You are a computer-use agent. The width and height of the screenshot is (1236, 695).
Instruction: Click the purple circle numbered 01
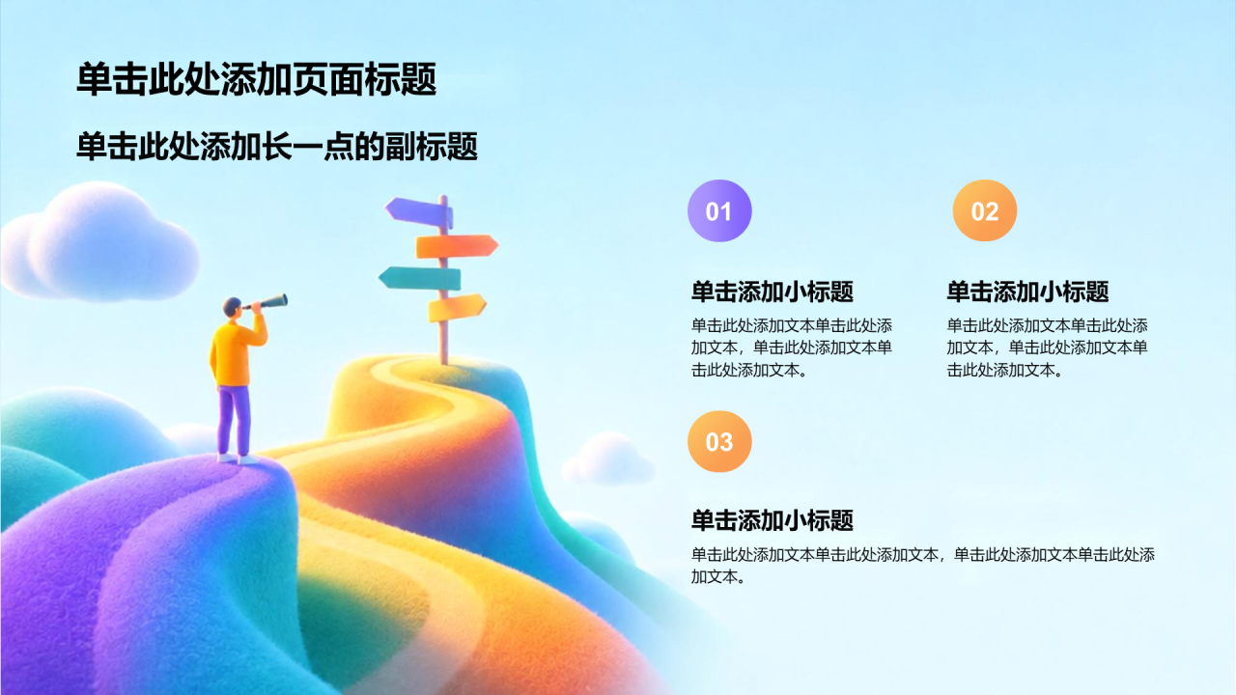(719, 210)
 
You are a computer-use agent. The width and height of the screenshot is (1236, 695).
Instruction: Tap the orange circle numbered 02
(984, 210)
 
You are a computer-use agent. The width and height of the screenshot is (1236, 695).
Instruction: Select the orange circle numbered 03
(719, 441)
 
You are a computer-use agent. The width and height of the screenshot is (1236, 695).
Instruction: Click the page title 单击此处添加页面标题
(257, 79)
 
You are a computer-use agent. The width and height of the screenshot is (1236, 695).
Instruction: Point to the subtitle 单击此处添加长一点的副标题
(276, 146)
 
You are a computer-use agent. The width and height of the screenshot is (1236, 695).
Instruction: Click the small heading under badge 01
(772, 292)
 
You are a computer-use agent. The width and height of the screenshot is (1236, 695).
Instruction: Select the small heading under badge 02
(1027, 292)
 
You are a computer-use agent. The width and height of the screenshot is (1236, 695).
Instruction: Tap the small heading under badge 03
(772, 520)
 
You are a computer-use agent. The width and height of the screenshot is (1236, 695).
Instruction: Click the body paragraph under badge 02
(1048, 347)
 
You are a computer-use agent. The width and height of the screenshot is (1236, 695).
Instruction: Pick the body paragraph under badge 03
(922, 566)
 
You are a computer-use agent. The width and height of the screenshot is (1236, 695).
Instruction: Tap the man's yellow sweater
(237, 353)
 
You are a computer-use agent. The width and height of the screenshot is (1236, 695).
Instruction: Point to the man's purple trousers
(234, 420)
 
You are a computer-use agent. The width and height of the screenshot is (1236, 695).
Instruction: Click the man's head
(233, 307)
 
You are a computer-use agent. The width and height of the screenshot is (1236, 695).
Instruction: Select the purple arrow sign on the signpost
(419, 211)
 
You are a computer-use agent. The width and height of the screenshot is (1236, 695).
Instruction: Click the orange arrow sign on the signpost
(457, 246)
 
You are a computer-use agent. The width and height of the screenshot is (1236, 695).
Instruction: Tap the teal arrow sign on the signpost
(420, 279)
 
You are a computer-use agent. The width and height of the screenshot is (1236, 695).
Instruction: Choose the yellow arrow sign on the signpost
(457, 308)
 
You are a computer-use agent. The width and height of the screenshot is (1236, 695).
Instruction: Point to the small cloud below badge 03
(608, 459)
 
